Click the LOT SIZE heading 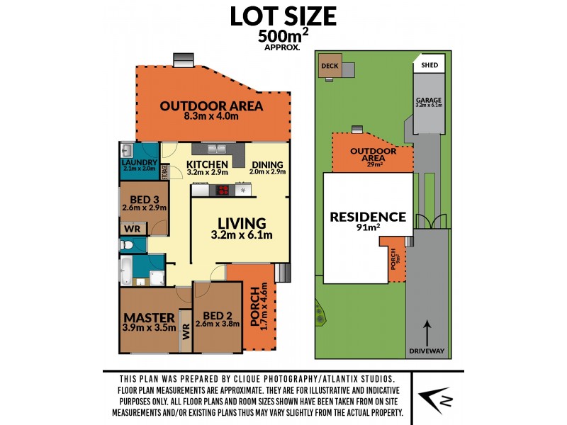pyautogui.click(x=283, y=16)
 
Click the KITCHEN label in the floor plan pyautogui.click(x=208, y=164)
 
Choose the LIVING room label pyautogui.click(x=242, y=222)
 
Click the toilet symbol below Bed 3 pyautogui.click(x=126, y=244)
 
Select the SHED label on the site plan pyautogui.click(x=430, y=65)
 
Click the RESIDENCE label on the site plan pyautogui.click(x=368, y=217)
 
